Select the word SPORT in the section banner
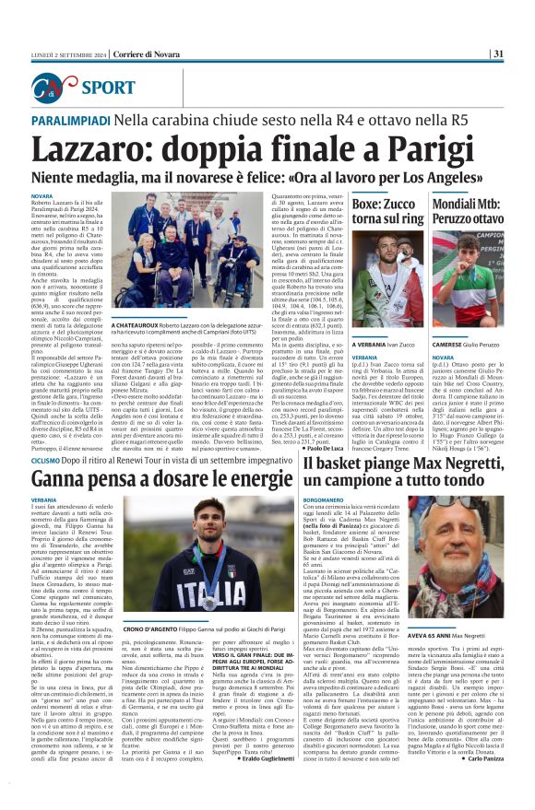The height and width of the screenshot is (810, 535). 108,88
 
